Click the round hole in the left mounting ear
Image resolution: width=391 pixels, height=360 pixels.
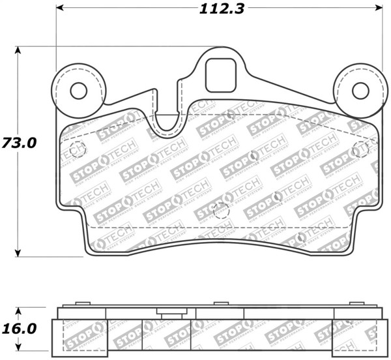(78, 90)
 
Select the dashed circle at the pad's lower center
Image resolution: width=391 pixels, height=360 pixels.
(222, 211)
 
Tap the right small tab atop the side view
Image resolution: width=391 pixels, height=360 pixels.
(355, 303)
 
